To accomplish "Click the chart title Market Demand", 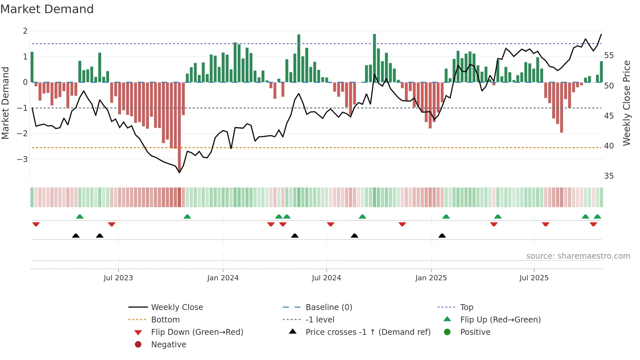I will pyautogui.click(x=47, y=9).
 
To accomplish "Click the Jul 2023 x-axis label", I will pyautogui.click(x=118, y=278).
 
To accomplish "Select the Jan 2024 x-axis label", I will pyautogui.click(x=223, y=278).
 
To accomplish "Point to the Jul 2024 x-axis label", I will pyautogui.click(x=326, y=278).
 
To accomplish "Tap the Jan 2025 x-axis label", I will pyautogui.click(x=431, y=278).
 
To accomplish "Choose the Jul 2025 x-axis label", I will pyautogui.click(x=534, y=278).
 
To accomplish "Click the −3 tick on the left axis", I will pyautogui.click(x=22, y=159).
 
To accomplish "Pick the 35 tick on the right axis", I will pyautogui.click(x=609, y=176).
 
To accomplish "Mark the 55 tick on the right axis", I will pyautogui.click(x=609, y=56).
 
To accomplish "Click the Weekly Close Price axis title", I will pyautogui.click(x=626, y=103).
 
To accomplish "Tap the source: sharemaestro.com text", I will pyautogui.click(x=578, y=256).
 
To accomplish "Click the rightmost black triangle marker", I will pyautogui.click(x=442, y=236).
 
